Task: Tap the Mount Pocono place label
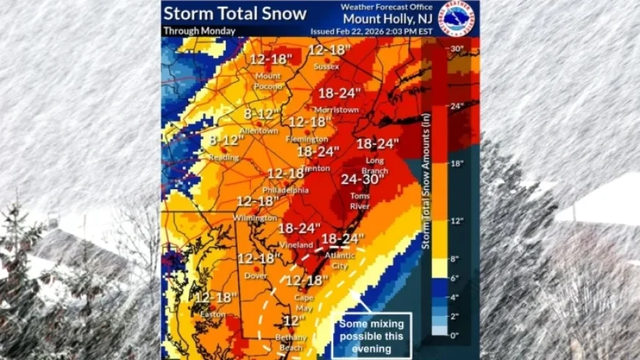tap(269, 81)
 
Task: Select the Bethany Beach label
tap(291, 341)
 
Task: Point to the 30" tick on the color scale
tap(455, 49)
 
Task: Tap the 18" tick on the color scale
tap(455, 163)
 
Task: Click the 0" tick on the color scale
tap(455, 334)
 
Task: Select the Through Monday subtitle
tap(199, 31)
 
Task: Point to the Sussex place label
tap(326, 66)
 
